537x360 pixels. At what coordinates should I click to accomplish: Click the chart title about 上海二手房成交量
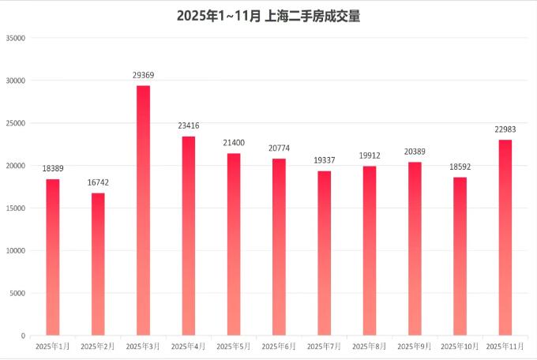(x=268, y=15)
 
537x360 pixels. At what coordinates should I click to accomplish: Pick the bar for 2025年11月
(x=505, y=237)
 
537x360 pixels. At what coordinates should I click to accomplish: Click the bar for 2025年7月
(x=325, y=253)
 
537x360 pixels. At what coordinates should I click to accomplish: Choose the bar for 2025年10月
(x=460, y=256)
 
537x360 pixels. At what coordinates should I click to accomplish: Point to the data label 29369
(x=143, y=75)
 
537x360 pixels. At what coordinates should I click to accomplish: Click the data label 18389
(x=53, y=169)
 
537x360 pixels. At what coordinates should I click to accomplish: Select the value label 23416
(x=189, y=126)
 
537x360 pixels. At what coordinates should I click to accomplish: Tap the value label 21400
(x=234, y=143)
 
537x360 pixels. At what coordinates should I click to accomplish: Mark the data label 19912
(x=370, y=156)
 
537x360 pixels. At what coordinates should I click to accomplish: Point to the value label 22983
(x=505, y=129)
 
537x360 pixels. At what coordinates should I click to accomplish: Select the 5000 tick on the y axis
(x=18, y=293)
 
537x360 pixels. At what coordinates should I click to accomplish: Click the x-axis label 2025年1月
(x=53, y=346)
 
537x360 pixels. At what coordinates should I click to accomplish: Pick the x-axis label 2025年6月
(x=279, y=346)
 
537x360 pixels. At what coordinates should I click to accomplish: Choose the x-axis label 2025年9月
(x=415, y=346)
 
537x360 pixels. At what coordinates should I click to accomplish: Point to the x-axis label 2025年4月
(x=189, y=346)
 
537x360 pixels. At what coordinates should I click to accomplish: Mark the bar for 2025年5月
(x=234, y=244)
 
